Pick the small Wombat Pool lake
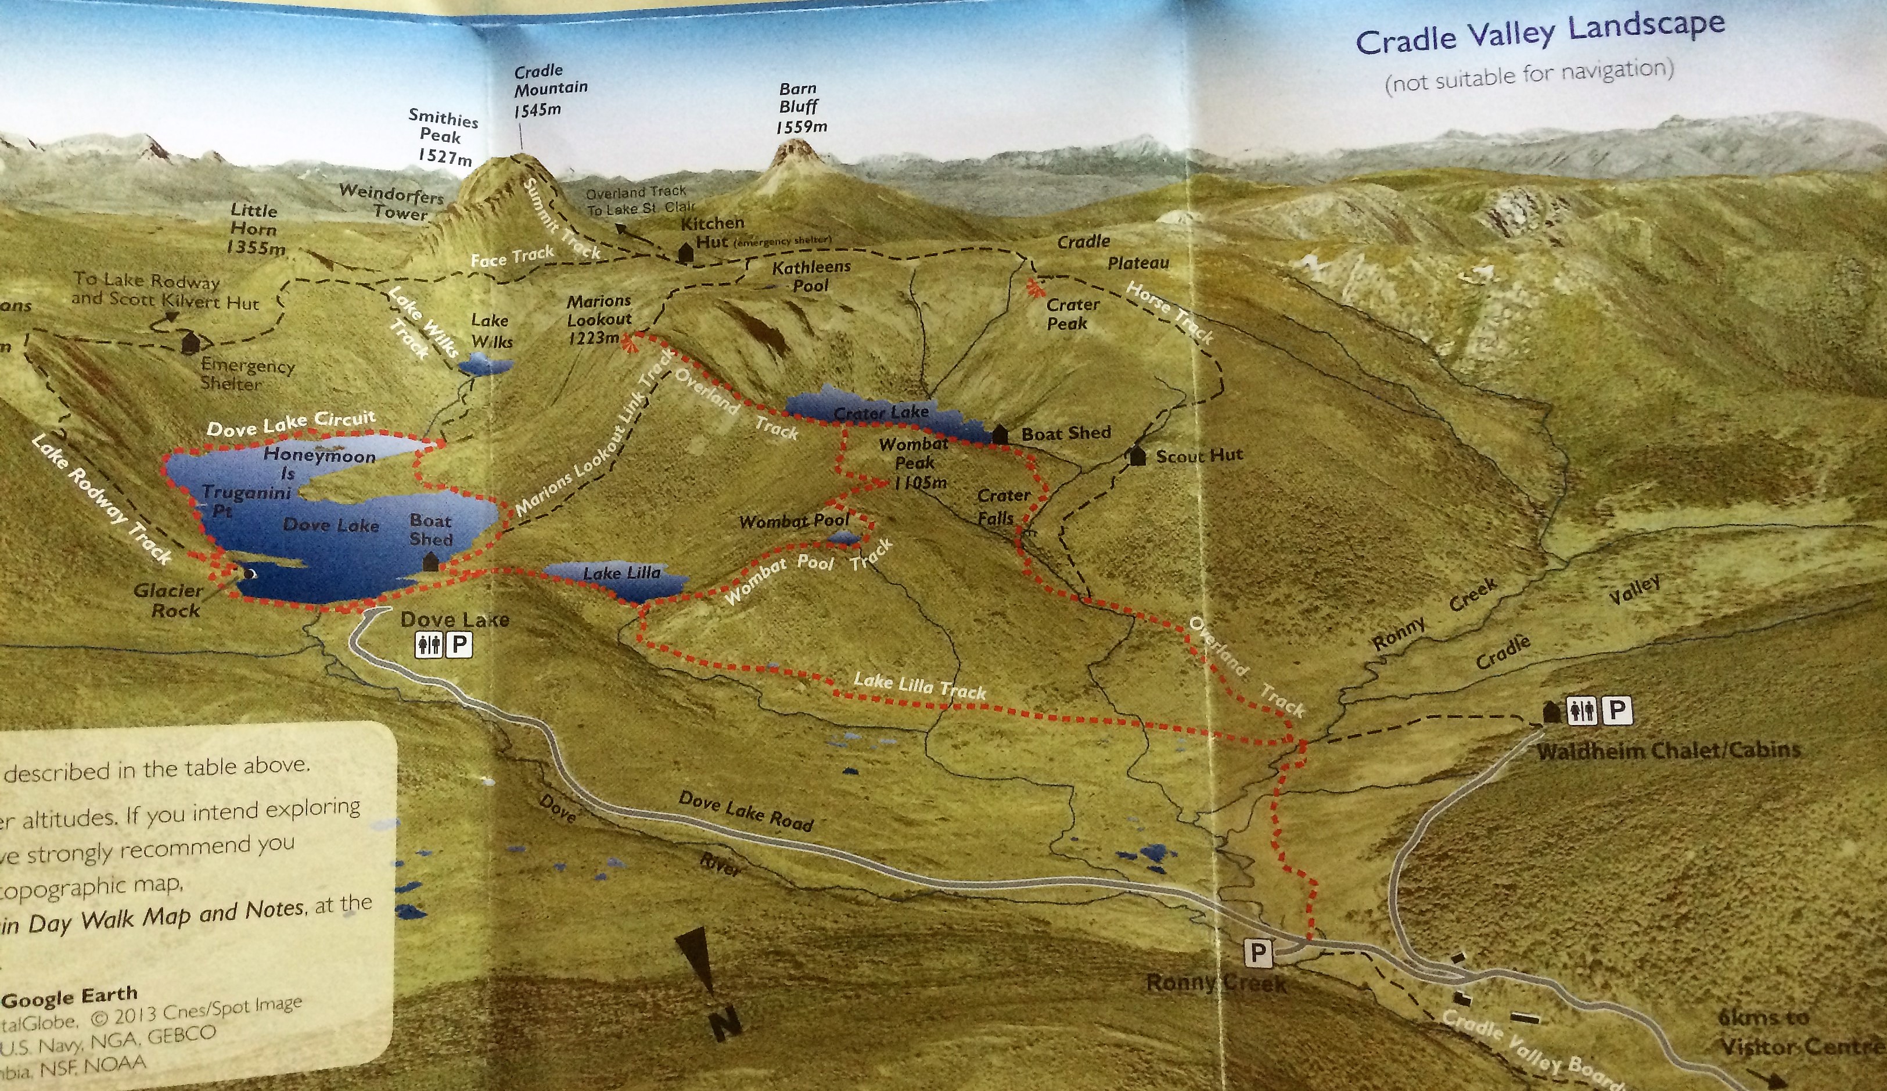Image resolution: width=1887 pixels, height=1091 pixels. [x=844, y=537]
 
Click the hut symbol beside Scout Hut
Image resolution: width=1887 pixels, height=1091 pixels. [x=1137, y=455]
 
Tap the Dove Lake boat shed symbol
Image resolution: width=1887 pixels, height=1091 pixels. [x=430, y=562]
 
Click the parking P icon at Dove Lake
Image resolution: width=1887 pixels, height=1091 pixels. [x=459, y=644]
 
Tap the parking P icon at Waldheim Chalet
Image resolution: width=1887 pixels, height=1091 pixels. [x=1617, y=709]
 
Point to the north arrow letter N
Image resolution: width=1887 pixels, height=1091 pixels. [x=725, y=1020]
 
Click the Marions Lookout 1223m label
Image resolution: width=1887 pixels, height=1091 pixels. [x=598, y=320]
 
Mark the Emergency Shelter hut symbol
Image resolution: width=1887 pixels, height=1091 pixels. [x=190, y=343]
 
